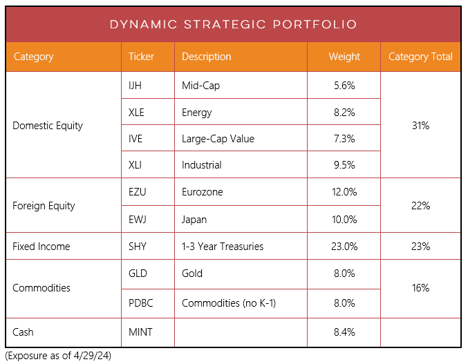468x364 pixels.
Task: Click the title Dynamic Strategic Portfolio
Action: pos(233,24)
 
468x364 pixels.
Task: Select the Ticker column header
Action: pos(141,57)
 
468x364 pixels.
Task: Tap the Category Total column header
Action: pos(420,57)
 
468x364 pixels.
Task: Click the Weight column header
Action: pos(344,57)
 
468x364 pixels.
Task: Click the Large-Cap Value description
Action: pos(218,139)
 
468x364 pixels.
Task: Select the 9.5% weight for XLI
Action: pos(344,165)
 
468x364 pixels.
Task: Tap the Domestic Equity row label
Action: pos(48,126)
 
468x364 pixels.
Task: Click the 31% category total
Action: pos(420,126)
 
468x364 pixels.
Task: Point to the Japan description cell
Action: pos(194,220)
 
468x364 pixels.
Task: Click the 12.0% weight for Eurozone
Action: pos(344,192)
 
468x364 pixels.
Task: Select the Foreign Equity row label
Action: pos(44,206)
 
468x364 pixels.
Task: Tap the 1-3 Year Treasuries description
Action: pos(222,247)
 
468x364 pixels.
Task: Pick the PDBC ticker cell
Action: pos(141,303)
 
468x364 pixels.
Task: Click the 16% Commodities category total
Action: pos(420,287)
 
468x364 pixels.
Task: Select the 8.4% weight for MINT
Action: pos(344,332)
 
